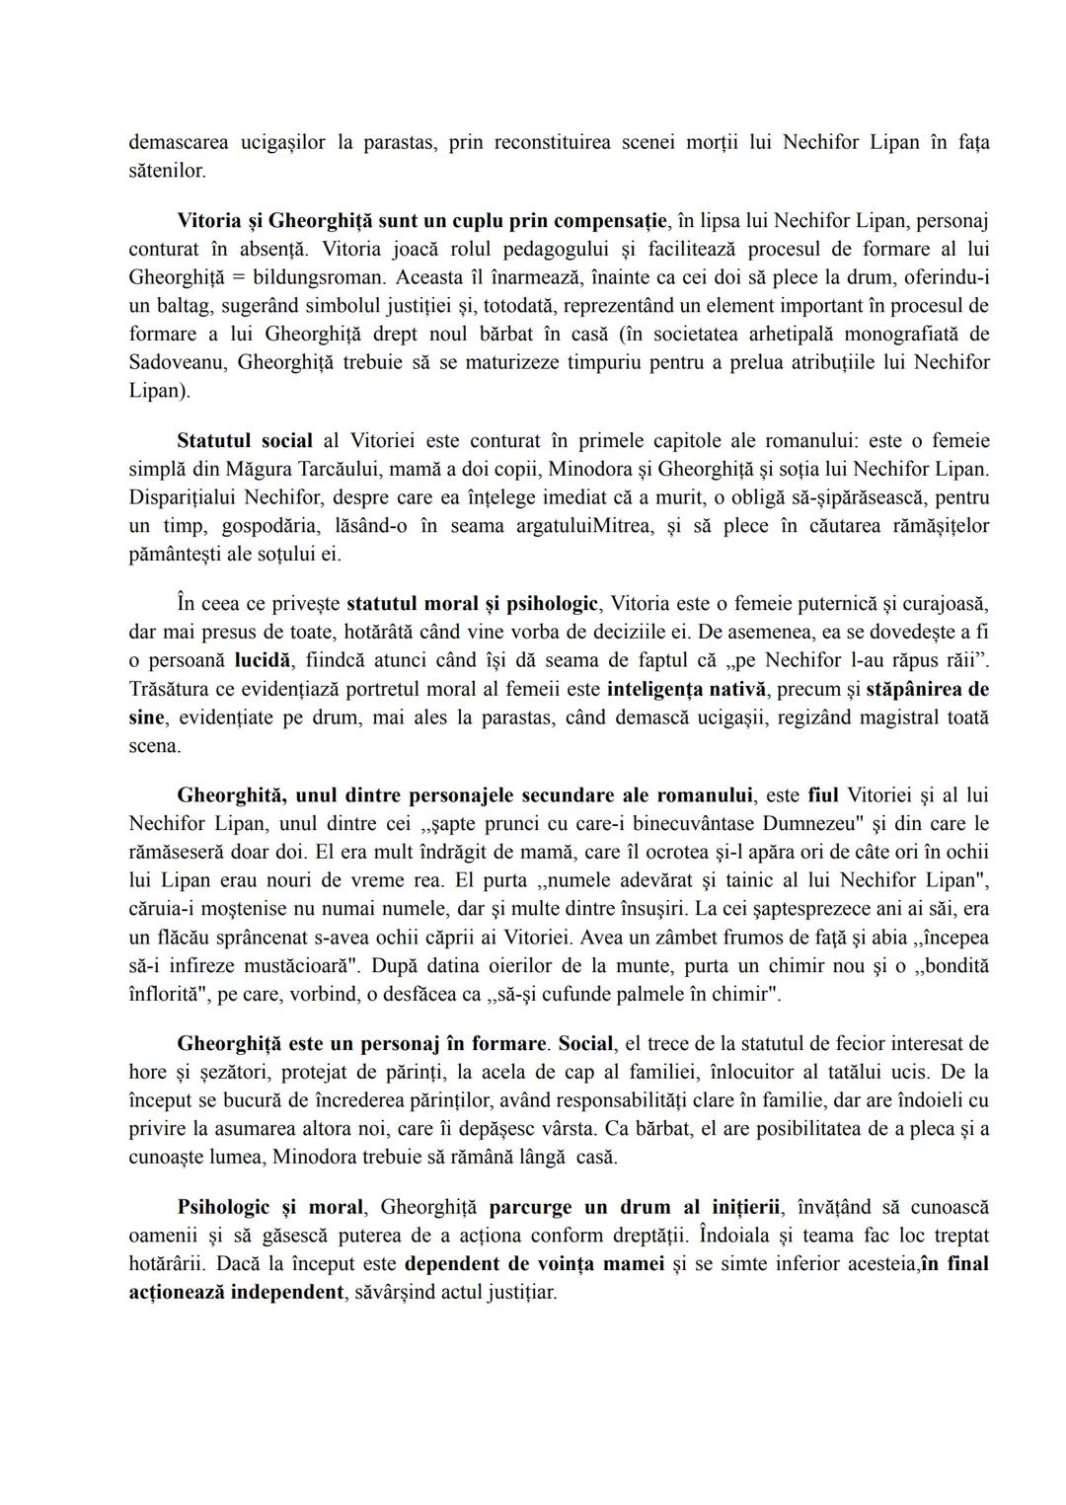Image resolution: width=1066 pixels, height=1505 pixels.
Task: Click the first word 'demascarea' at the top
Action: (177, 142)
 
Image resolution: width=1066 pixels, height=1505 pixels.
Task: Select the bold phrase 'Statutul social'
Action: (245, 440)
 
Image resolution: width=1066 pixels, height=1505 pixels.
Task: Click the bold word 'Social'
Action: (585, 1043)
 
